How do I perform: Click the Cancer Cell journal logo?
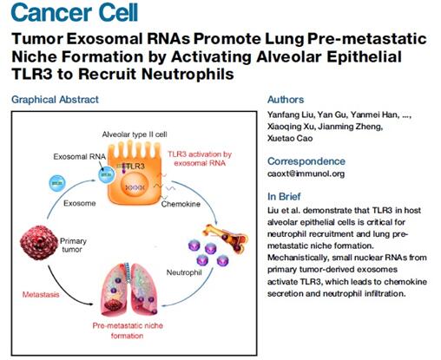click(x=75, y=12)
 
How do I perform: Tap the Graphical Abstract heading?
click(x=55, y=100)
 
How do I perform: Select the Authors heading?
click(x=286, y=100)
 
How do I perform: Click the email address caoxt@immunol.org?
click(x=306, y=173)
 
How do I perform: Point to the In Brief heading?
click(x=284, y=197)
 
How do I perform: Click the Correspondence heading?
click(x=306, y=161)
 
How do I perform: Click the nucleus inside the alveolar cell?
click(x=135, y=187)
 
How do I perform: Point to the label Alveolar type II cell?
click(x=135, y=134)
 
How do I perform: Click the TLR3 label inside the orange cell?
click(x=136, y=167)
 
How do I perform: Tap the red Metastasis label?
click(x=41, y=295)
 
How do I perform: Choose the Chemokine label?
click(x=181, y=204)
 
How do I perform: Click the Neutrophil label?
click(x=184, y=272)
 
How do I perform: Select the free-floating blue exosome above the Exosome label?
click(x=57, y=183)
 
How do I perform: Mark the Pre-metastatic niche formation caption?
click(x=128, y=331)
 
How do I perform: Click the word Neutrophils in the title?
click(x=188, y=74)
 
